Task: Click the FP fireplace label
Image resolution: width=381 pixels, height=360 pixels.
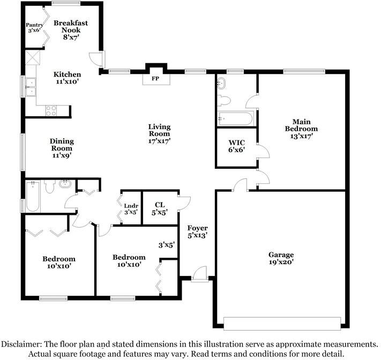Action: [x=156, y=78]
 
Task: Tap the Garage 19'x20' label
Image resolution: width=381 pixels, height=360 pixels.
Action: [x=281, y=259]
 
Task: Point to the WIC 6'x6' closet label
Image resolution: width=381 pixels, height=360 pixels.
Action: [x=236, y=146]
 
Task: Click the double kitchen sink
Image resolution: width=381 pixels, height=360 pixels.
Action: [x=30, y=87]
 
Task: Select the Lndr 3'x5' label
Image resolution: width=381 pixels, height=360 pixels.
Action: [x=131, y=208]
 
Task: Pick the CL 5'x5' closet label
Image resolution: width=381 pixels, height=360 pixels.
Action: [x=160, y=208]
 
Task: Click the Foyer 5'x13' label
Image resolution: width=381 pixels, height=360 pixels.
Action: [x=197, y=231]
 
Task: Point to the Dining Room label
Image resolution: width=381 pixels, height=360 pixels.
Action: [x=62, y=148]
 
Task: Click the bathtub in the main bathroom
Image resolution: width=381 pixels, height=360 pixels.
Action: [x=235, y=119]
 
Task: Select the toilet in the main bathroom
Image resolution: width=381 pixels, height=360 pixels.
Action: [x=225, y=100]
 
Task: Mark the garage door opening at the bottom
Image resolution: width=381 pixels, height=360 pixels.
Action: [x=282, y=324]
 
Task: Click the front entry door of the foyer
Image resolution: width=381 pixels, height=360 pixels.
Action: [x=199, y=273]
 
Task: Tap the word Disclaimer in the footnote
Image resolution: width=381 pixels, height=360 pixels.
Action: [x=23, y=344]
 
